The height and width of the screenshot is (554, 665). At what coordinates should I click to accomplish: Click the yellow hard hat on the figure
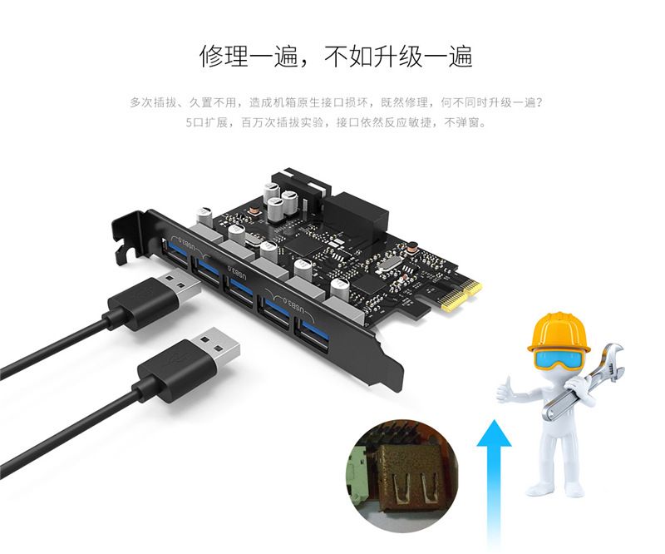pos(559,333)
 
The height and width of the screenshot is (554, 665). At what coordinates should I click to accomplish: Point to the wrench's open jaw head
pos(612,359)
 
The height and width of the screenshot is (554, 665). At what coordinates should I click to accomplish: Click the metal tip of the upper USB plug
pos(180,286)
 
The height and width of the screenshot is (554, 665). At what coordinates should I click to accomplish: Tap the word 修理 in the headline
pos(224,56)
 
